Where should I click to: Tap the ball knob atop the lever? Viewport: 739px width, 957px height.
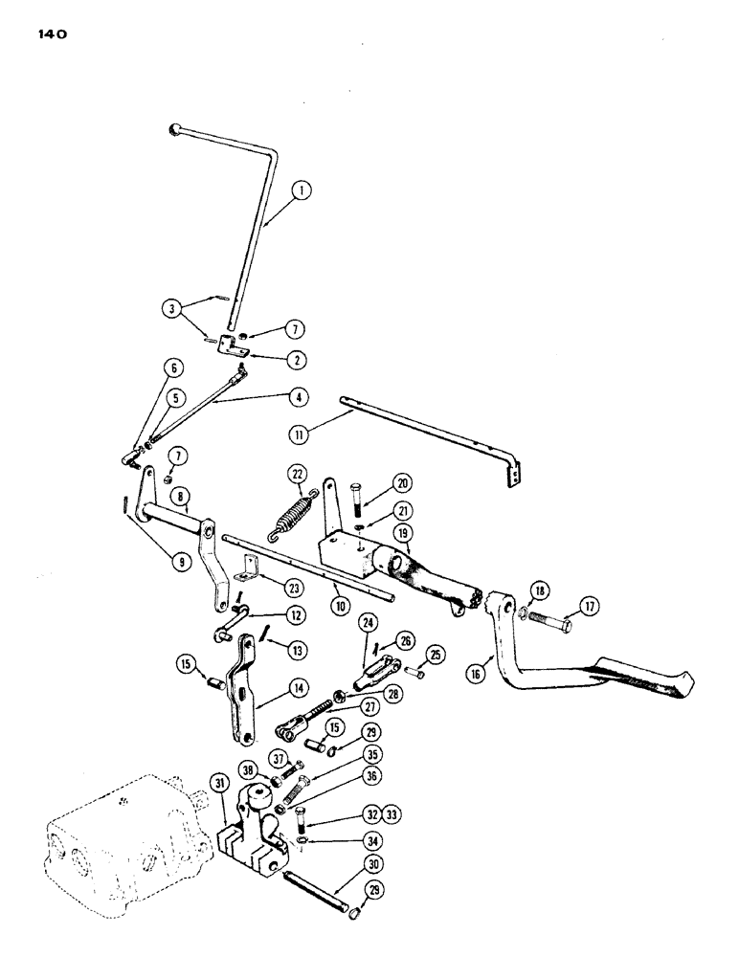tap(173, 128)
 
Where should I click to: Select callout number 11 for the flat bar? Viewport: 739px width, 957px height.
tap(300, 434)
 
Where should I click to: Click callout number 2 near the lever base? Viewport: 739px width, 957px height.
tap(273, 360)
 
